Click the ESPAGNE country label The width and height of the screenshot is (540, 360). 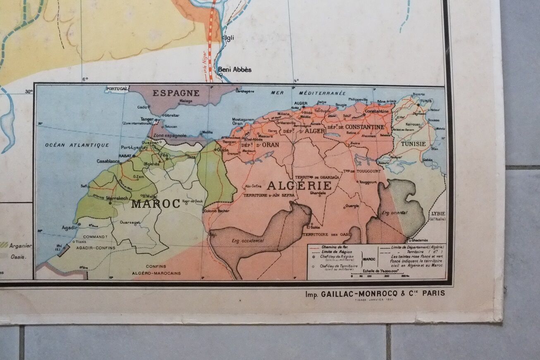pos(176,93)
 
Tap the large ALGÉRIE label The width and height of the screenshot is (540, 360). pos(299,185)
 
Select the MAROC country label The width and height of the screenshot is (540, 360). pos(155,203)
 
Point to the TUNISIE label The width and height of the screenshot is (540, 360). pos(413,144)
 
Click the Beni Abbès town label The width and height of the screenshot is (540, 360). pos(234,69)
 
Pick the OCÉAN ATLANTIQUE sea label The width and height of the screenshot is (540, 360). pos(77,145)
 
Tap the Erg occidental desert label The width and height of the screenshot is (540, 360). pos(248,241)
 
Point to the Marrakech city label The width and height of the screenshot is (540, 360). pos(117,198)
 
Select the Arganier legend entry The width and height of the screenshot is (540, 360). pos(20,246)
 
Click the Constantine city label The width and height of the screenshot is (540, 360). pos(377,111)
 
